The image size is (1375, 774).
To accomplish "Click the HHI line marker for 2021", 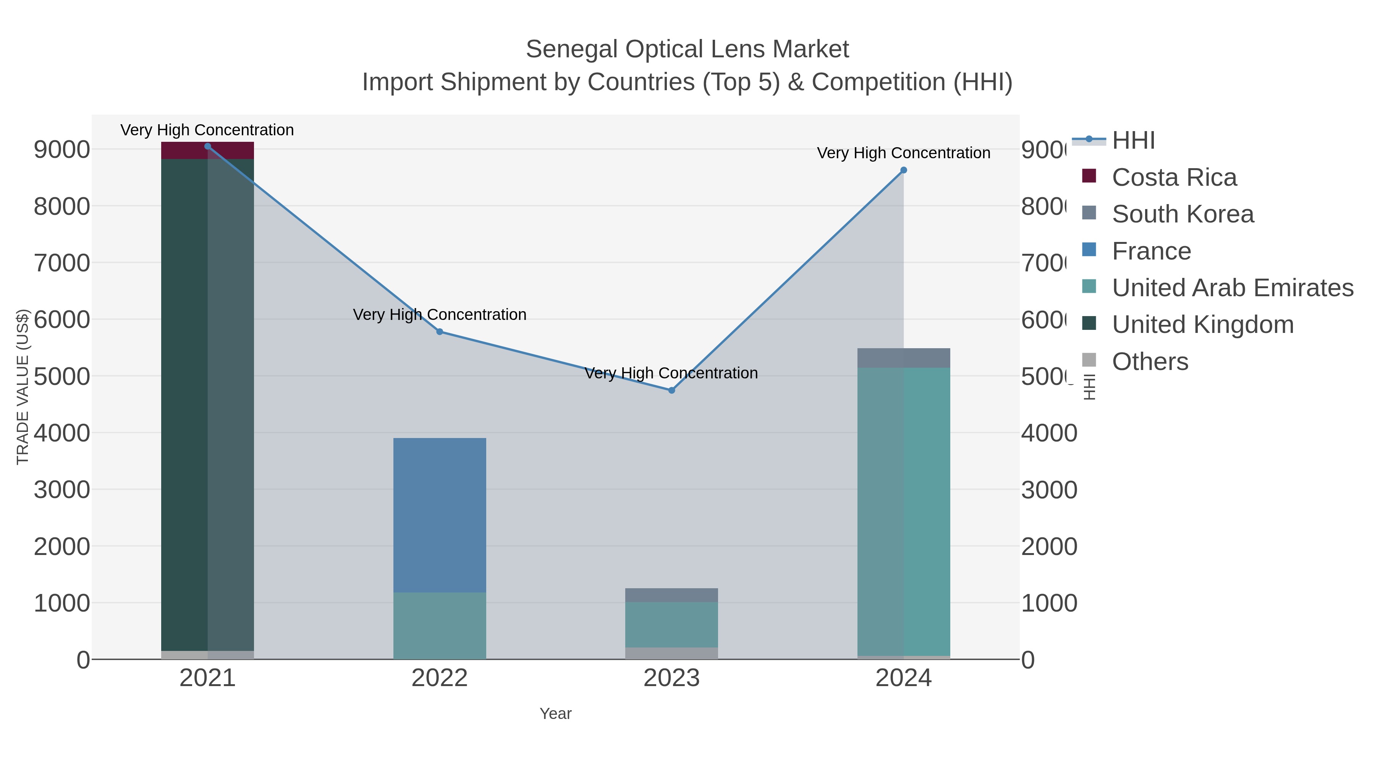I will coord(208,146).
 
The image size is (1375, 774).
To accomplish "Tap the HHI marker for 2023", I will coord(671,391).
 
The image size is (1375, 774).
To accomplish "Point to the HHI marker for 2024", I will coord(904,170).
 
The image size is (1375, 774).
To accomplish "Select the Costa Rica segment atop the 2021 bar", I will coord(208,151).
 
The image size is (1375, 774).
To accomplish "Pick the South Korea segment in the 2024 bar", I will coord(904,358).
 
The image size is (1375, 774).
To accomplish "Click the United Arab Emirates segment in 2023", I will coord(671,625).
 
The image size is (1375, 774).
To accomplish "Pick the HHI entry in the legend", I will coord(1133,141).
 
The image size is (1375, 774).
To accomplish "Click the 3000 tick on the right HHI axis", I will coord(1049,490).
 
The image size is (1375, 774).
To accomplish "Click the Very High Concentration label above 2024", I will coord(904,153).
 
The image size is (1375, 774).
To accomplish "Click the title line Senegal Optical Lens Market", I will coord(687,49).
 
